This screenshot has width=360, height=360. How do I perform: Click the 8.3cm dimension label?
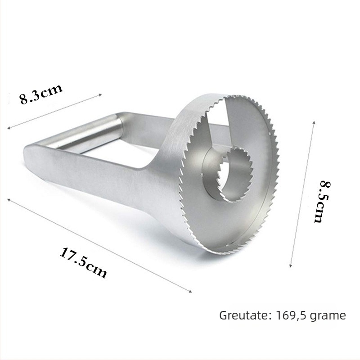point(41,94)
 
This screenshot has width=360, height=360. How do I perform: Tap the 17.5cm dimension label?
point(84,262)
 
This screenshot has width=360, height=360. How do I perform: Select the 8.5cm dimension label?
point(321,202)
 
